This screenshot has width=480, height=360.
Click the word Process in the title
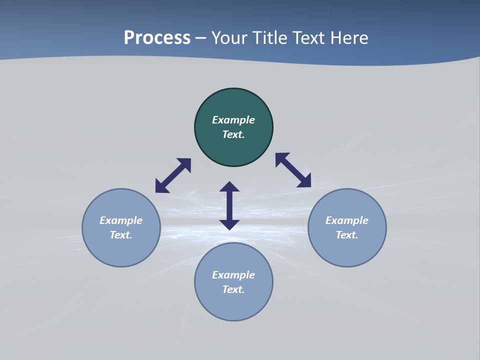pyautogui.click(x=157, y=38)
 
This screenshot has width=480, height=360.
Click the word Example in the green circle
pyautogui.click(x=233, y=120)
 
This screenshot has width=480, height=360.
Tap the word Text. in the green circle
pyautogui.click(x=233, y=134)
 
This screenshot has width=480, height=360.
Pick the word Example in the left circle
pyautogui.click(x=121, y=220)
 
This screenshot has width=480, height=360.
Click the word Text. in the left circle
pyautogui.click(x=121, y=235)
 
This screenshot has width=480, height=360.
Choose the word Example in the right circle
pyautogui.click(x=347, y=220)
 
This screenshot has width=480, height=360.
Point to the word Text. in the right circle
pyautogui.click(x=347, y=235)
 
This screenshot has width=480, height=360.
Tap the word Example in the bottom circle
pyautogui.click(x=233, y=275)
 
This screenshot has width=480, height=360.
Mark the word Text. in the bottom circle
pyautogui.click(x=233, y=289)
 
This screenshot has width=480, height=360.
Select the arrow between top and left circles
pyautogui.click(x=173, y=175)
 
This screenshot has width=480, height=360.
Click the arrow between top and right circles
pyautogui.click(x=293, y=170)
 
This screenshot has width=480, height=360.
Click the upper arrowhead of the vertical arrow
pyautogui.click(x=229, y=186)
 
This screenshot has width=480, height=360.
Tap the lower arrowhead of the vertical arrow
pyautogui.click(x=229, y=224)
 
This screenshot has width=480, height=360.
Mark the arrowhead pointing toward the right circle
pyautogui.click(x=304, y=181)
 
